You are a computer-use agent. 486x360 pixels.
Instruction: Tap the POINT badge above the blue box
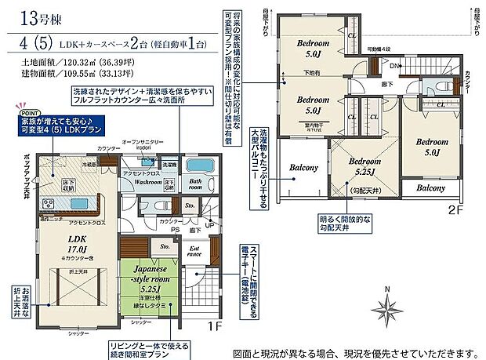(x=22, y=112)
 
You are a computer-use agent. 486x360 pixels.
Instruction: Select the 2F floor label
(x=457, y=209)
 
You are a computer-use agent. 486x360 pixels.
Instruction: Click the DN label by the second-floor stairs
(x=398, y=66)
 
